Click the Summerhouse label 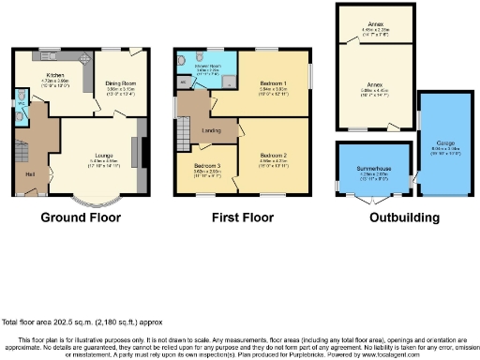tap(373, 169)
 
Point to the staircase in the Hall tap(22, 149)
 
